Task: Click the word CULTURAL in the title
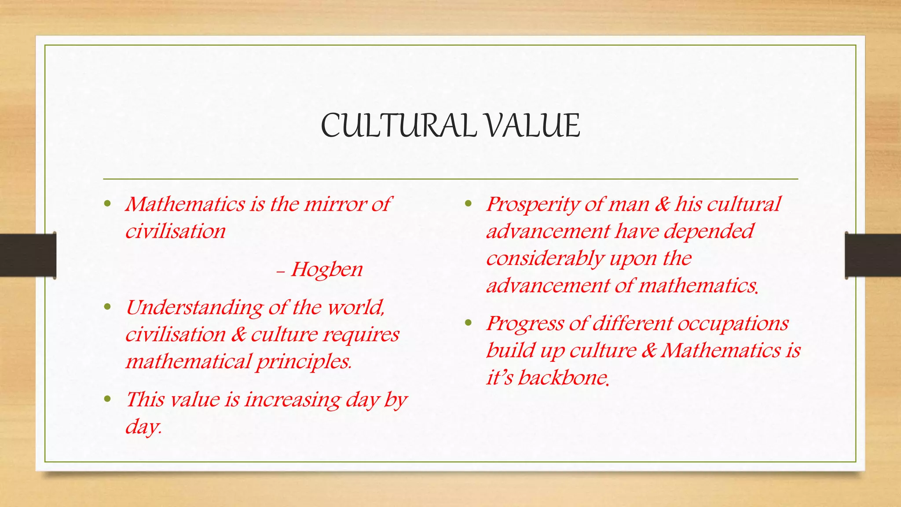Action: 399,126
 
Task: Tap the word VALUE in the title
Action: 532,126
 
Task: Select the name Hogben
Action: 326,269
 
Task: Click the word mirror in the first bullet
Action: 334,204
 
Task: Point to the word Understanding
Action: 194,308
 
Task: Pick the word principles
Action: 304,362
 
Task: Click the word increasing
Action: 292,400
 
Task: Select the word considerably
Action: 545,259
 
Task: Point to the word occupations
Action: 733,323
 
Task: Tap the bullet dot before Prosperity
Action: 468,204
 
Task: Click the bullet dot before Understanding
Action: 107,307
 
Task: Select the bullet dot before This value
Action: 107,399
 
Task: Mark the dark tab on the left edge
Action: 28,255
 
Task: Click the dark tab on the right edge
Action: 873,255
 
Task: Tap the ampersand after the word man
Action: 662,204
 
